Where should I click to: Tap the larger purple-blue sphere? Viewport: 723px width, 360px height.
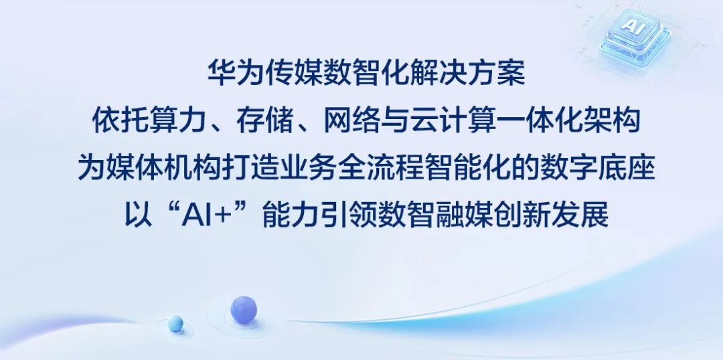pos(244,309)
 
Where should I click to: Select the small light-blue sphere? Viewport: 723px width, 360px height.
pos(175,323)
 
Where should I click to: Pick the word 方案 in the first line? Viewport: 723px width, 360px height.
pos(496,74)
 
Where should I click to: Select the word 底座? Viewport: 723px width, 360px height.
pos(626,168)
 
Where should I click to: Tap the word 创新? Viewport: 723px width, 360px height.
pos(522,215)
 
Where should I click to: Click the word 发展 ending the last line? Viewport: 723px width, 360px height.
pos(580,215)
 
